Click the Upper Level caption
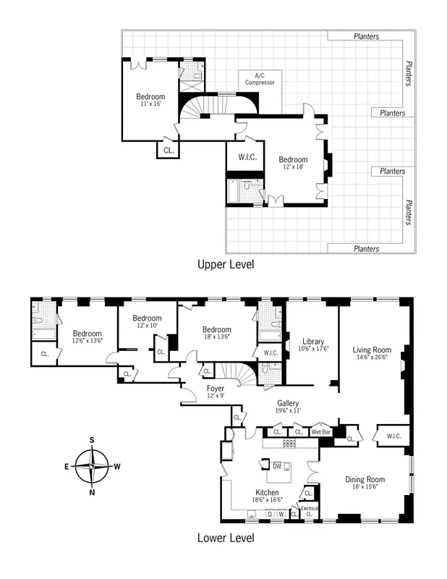[226, 265]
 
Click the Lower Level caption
[226, 538]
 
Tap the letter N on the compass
[93, 492]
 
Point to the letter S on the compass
[93, 439]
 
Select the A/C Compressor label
[260, 79]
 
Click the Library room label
[312, 345]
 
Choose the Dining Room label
[365, 483]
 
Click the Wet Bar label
[321, 432]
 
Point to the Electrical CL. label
[310, 511]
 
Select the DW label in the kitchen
[278, 465]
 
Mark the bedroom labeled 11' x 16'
[150, 100]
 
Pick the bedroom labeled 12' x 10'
[146, 322]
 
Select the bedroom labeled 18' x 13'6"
[217, 334]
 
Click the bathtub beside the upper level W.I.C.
[234, 192]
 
